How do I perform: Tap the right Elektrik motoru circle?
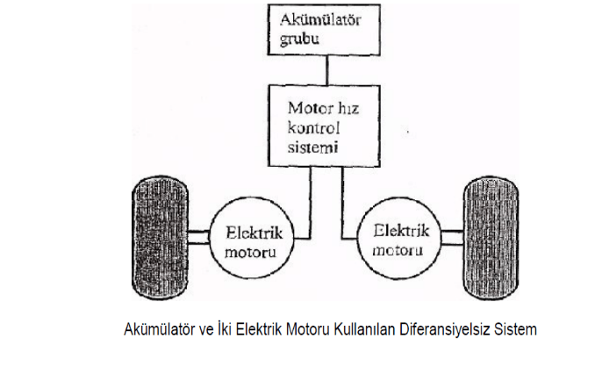coord(402,240)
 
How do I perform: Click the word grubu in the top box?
coord(298,39)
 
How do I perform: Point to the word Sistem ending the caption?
coord(514,331)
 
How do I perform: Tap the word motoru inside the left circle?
coord(251,252)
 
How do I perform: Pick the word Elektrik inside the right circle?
coord(402,231)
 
